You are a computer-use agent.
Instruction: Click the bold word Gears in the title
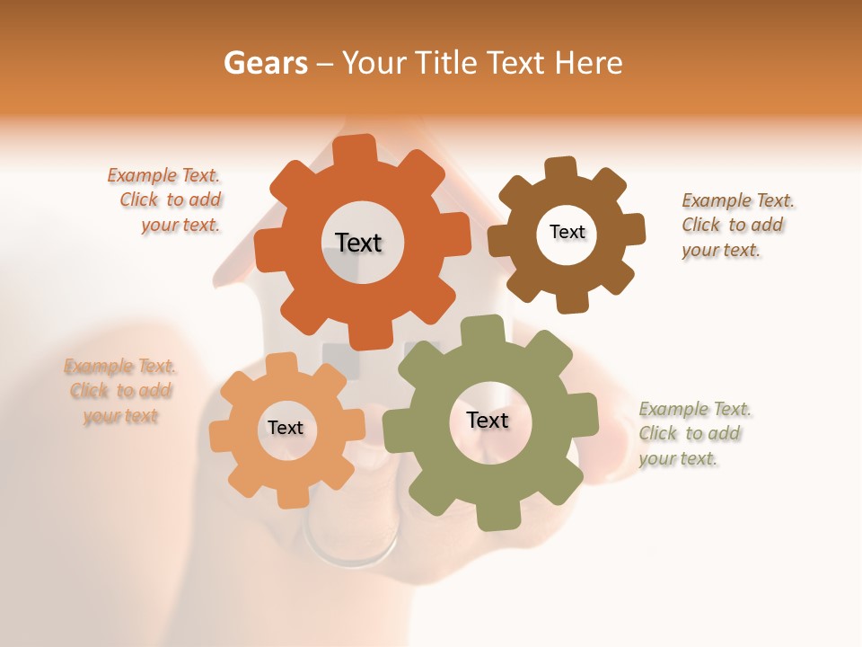click(x=265, y=63)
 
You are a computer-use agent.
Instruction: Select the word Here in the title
click(x=588, y=63)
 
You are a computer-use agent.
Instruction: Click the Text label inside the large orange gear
click(x=358, y=243)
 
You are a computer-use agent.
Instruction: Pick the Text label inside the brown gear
click(x=567, y=232)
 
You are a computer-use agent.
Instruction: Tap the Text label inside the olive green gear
click(x=488, y=420)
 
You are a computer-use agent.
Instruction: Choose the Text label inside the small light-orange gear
click(x=286, y=428)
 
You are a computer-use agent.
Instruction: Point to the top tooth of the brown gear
click(x=562, y=169)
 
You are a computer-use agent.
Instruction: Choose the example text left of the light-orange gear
click(x=120, y=391)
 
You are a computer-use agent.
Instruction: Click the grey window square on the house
click(x=336, y=359)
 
